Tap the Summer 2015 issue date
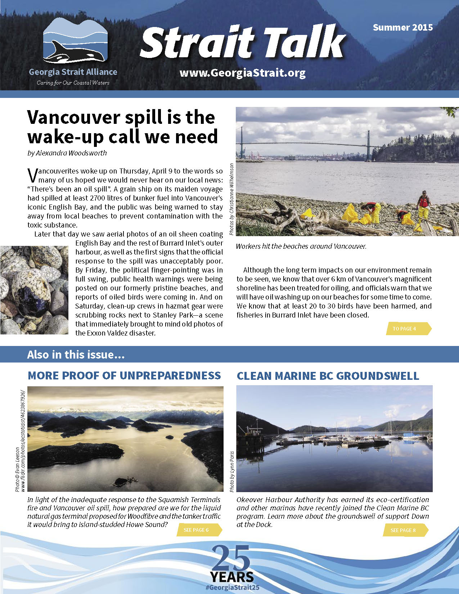[x=402, y=27]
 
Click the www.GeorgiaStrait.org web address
[x=242, y=73]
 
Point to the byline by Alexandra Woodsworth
[x=67, y=153]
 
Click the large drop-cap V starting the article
[x=32, y=175]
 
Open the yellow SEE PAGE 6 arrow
[x=198, y=530]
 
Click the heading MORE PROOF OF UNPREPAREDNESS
[x=124, y=375]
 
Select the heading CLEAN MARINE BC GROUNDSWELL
[x=328, y=376]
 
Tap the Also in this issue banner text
[x=76, y=355]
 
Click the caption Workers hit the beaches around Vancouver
[x=301, y=247]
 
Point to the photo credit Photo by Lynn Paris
[x=232, y=471]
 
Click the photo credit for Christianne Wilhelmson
[x=231, y=199]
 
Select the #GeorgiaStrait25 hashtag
[x=232, y=587]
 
